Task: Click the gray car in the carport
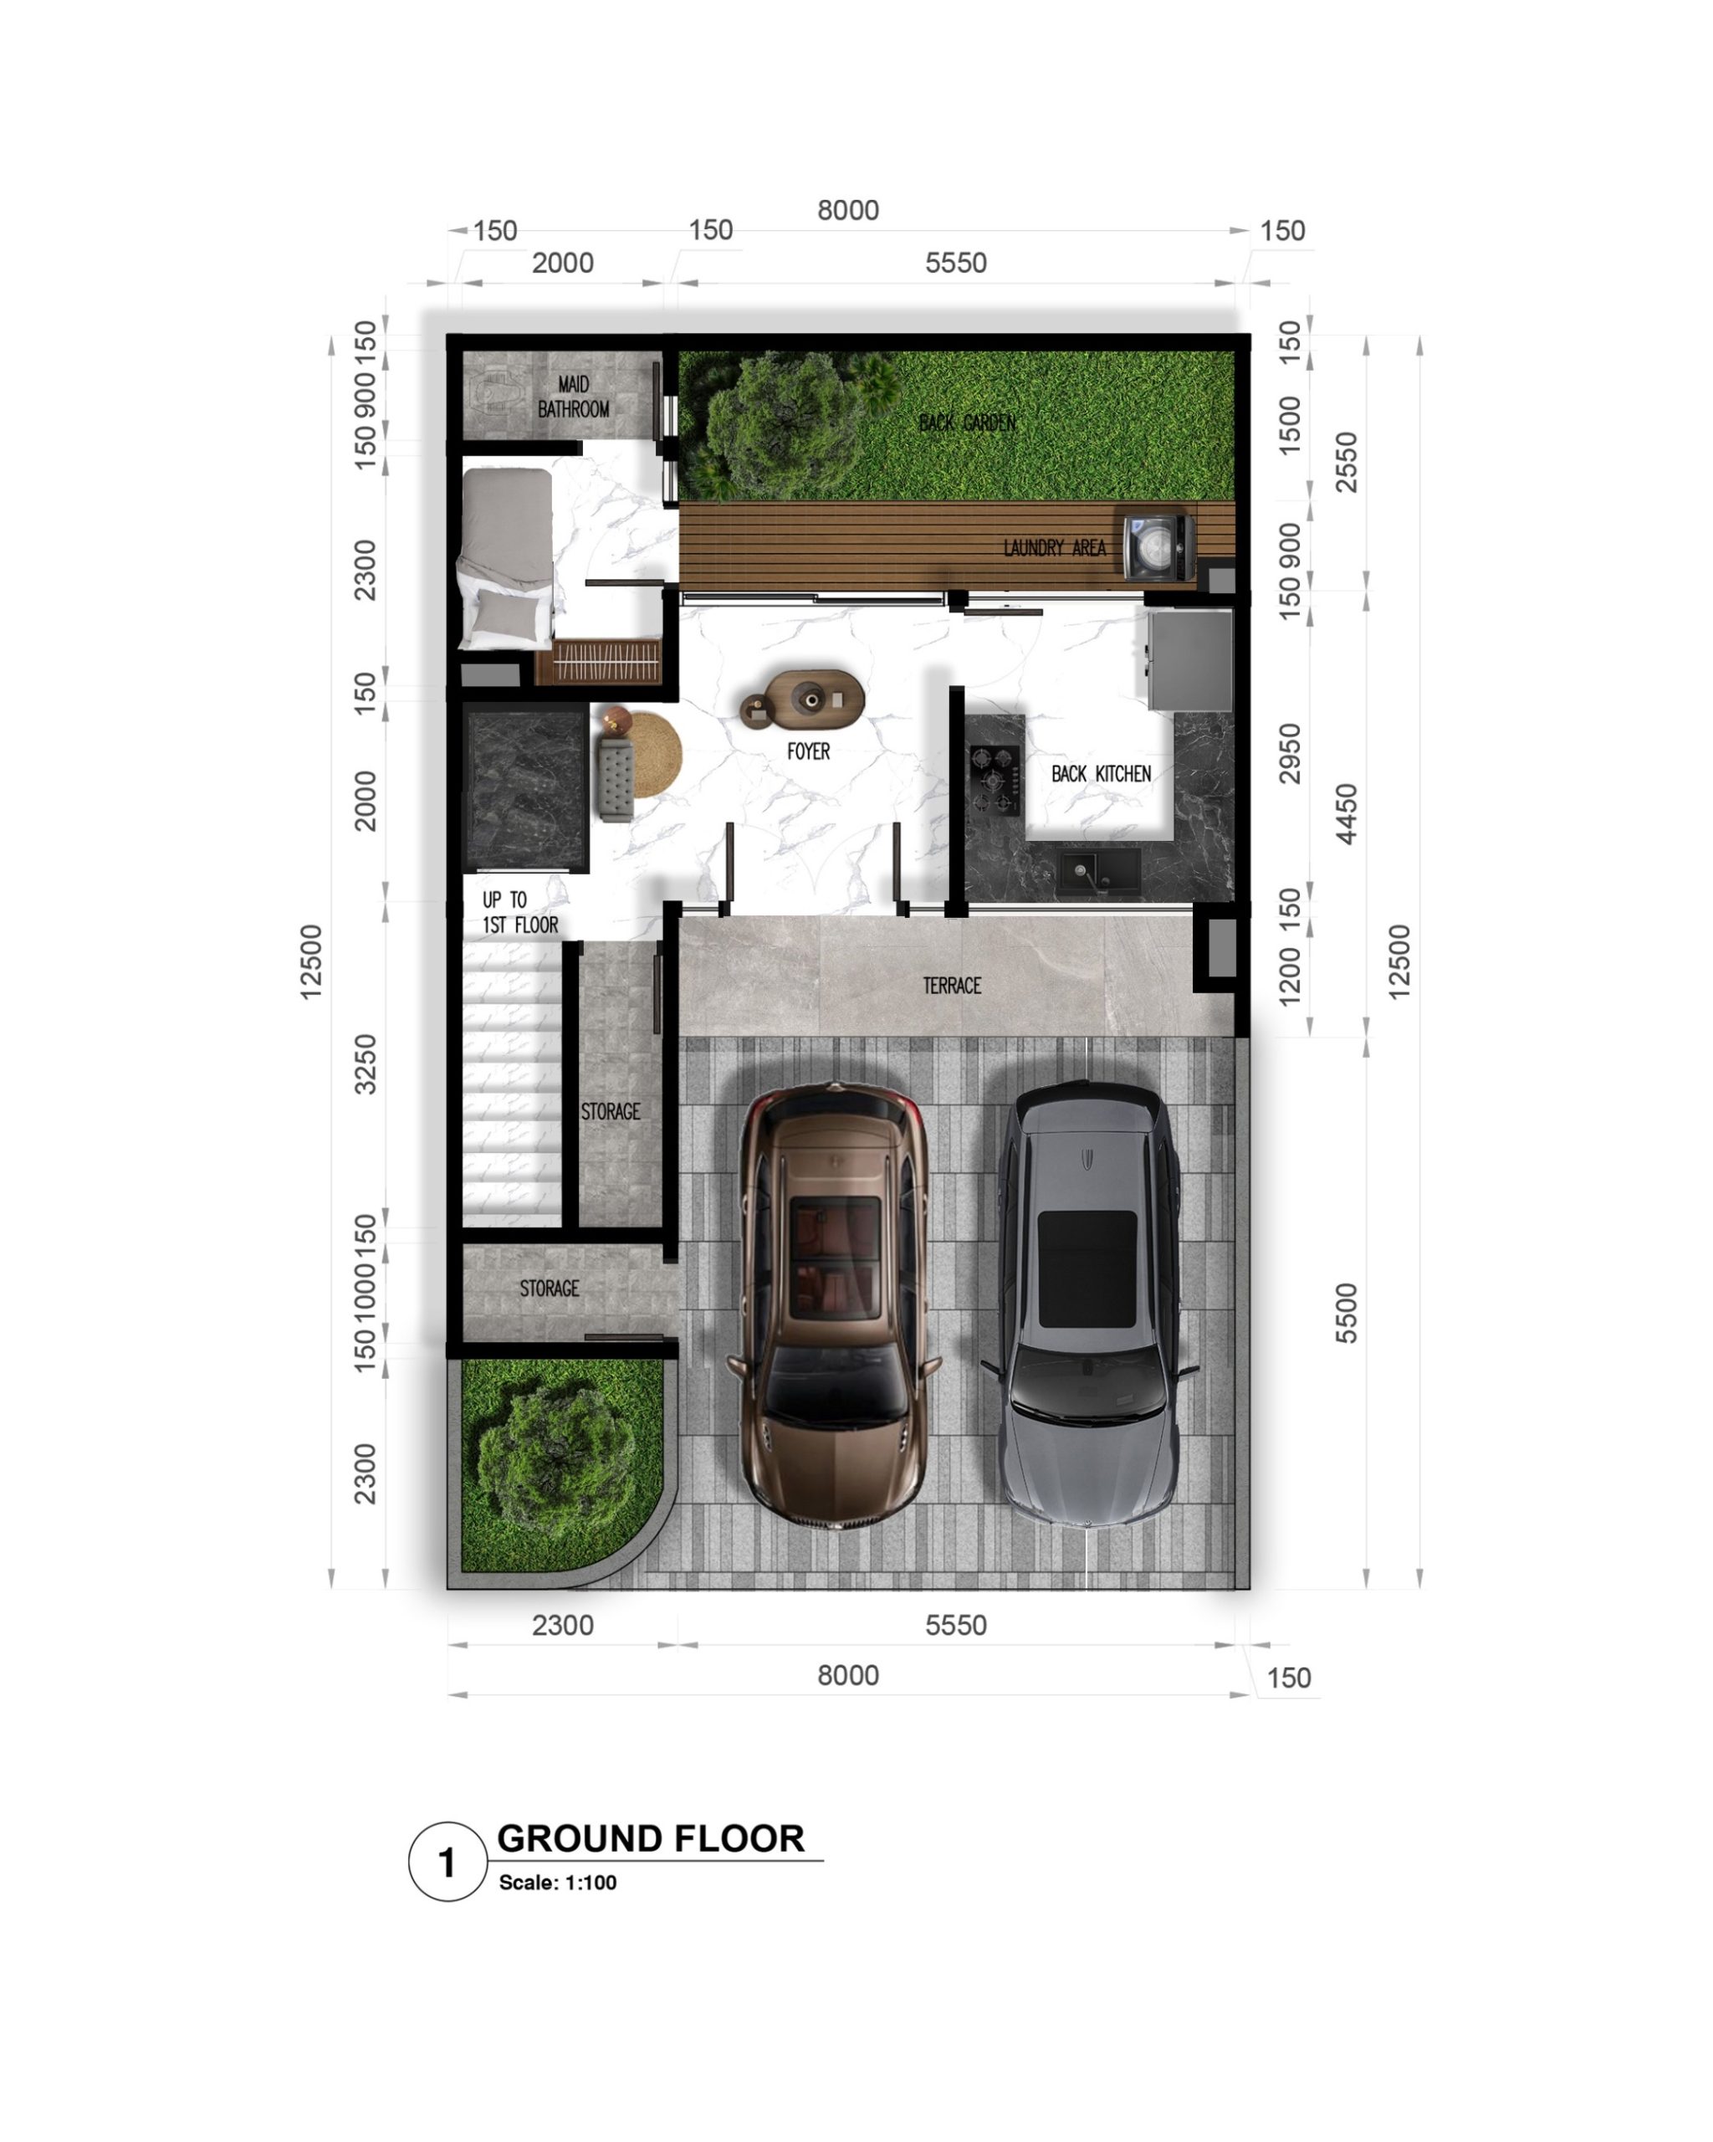[1089, 1303]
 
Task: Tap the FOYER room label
[808, 752]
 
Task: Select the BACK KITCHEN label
[1102, 774]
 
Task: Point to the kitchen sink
[1097, 870]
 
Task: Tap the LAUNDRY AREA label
[1055, 547]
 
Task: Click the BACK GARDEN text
[967, 423]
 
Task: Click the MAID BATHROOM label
[573, 397]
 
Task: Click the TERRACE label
[951, 986]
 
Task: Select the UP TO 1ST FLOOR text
[520, 912]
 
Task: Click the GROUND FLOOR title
[651, 1838]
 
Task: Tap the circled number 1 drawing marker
[447, 1862]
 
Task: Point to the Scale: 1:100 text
[557, 1883]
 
